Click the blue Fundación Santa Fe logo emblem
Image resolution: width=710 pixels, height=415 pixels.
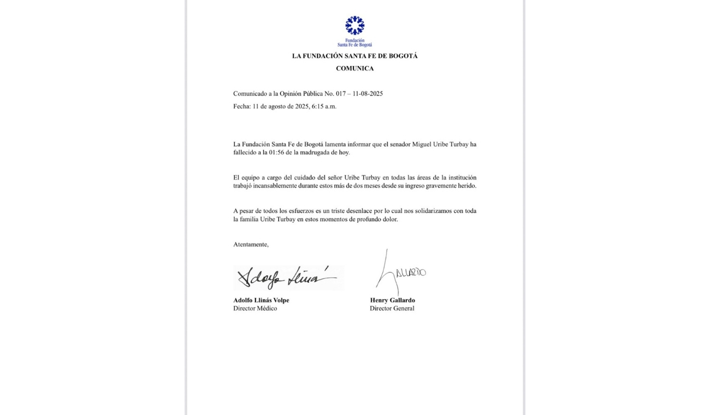[x=354, y=26]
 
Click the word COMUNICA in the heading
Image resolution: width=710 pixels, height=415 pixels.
[x=354, y=69]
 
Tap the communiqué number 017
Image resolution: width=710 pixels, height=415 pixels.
[x=340, y=94]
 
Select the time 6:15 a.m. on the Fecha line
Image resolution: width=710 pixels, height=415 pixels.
[x=324, y=106]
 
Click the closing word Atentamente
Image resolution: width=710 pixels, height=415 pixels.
[x=251, y=245]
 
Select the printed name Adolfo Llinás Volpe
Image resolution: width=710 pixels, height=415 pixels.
[x=261, y=300]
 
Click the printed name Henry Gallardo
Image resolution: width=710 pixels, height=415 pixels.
[x=392, y=300]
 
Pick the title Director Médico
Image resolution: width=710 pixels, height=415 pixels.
[x=255, y=309]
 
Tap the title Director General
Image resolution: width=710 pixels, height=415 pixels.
[x=392, y=309]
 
